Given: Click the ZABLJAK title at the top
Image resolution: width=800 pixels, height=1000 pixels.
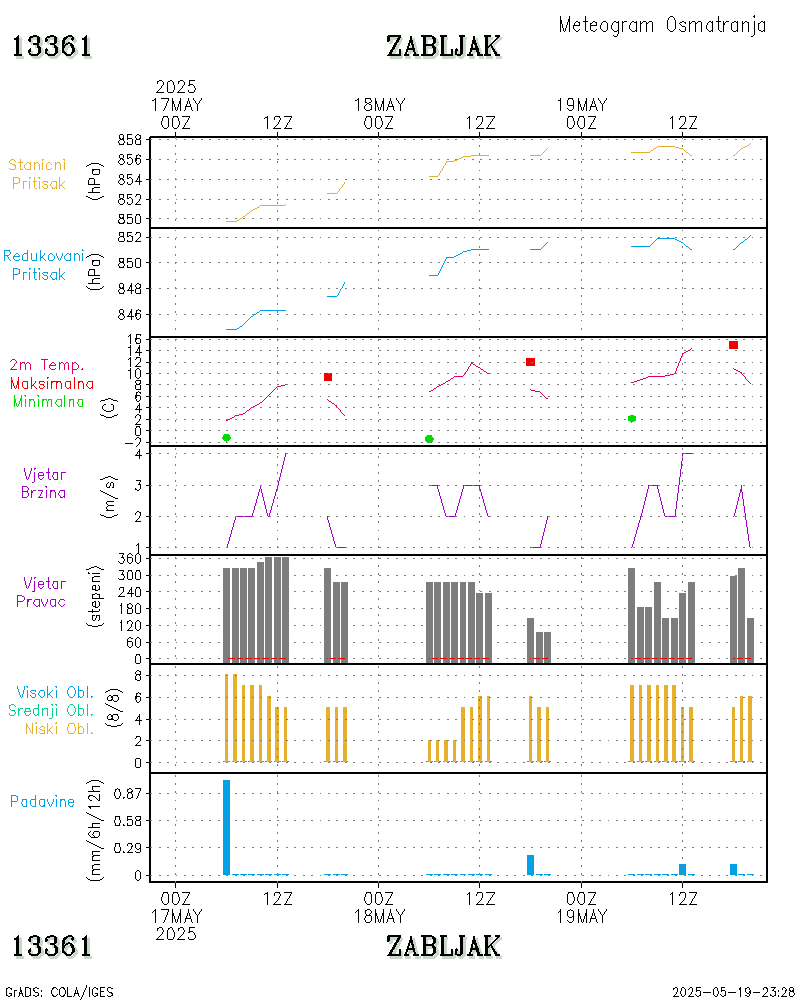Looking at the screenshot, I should [443, 46].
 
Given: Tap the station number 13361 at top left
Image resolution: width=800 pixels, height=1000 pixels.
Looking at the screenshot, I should [52, 46].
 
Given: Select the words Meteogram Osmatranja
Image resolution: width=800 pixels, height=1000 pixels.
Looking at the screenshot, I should [662, 25].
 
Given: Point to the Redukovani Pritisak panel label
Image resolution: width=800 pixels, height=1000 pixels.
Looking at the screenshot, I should [42, 265].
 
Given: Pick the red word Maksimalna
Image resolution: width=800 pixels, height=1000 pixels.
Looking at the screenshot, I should [52, 383].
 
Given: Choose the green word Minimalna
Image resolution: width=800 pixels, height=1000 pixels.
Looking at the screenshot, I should [49, 401].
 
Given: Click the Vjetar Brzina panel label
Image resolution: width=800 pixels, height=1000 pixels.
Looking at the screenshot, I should [45, 483].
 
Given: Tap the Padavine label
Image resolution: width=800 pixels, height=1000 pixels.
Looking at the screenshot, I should [42, 801].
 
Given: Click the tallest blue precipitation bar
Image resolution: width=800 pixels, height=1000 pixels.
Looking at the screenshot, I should [227, 827].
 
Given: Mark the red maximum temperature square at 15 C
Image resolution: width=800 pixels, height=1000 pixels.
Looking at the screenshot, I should [733, 345].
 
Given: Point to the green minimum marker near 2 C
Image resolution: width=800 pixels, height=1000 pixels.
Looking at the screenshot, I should [632, 418].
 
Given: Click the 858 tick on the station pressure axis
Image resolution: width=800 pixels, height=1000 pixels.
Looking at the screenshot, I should [126, 139].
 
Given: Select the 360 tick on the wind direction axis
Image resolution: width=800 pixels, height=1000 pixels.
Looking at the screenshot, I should [126, 559].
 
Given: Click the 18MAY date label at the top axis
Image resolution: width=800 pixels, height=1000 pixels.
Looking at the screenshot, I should [379, 105].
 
